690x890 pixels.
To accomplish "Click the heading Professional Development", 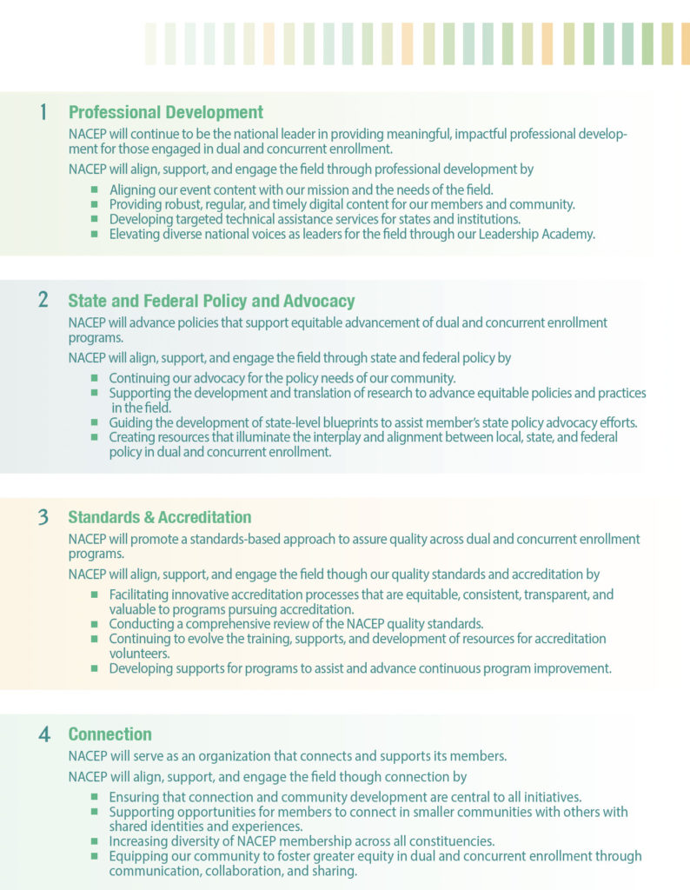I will (x=165, y=112).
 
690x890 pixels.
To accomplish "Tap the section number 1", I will (x=43, y=111).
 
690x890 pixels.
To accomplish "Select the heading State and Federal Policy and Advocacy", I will (x=211, y=302).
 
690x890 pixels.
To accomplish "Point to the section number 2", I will (x=43, y=301).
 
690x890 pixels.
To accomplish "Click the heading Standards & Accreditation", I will (x=160, y=518).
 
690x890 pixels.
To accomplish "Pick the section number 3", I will (x=43, y=517).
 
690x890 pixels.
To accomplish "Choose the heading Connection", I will (x=109, y=734).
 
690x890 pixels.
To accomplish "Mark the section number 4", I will (x=43, y=734).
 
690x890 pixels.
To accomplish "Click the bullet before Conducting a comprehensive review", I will (x=95, y=624).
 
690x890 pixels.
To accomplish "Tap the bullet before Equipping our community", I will (x=95, y=856).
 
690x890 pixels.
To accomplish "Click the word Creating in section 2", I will (x=134, y=438).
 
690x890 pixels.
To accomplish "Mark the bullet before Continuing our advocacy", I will (x=95, y=378).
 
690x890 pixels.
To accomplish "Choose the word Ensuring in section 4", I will (x=136, y=797).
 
